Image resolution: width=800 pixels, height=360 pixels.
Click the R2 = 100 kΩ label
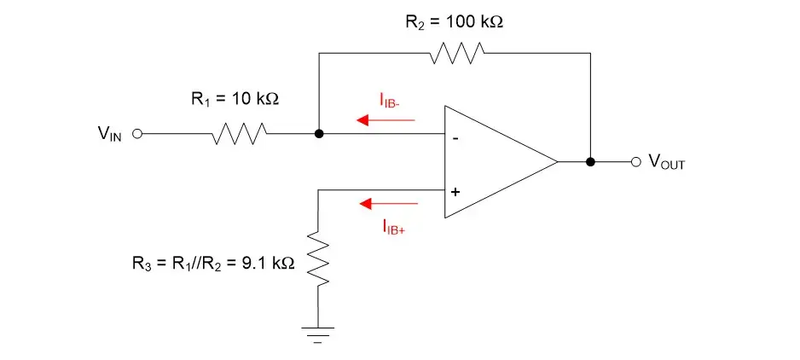pyautogui.click(x=454, y=21)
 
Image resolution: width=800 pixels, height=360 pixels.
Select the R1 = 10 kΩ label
pyautogui.click(x=235, y=99)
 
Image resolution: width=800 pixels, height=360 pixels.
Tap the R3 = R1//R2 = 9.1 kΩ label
pyautogui.click(x=208, y=264)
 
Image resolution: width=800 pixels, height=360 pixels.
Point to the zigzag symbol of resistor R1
pyautogui.click(x=241, y=134)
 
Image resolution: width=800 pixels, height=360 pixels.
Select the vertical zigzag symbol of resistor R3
pyautogui.click(x=318, y=261)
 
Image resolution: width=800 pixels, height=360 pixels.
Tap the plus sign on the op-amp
pyautogui.click(x=455, y=192)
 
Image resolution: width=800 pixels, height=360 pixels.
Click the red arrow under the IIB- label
pyautogui.click(x=386, y=120)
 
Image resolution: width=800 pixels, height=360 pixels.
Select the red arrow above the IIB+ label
pyautogui.click(x=389, y=204)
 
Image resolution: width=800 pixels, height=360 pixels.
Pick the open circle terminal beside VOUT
pyautogui.click(x=635, y=161)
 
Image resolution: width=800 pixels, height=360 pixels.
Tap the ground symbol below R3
pyautogui.click(x=318, y=333)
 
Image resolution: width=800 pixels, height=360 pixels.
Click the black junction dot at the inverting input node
pyautogui.click(x=318, y=134)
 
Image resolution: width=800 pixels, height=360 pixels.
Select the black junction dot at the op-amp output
pyautogui.click(x=589, y=161)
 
